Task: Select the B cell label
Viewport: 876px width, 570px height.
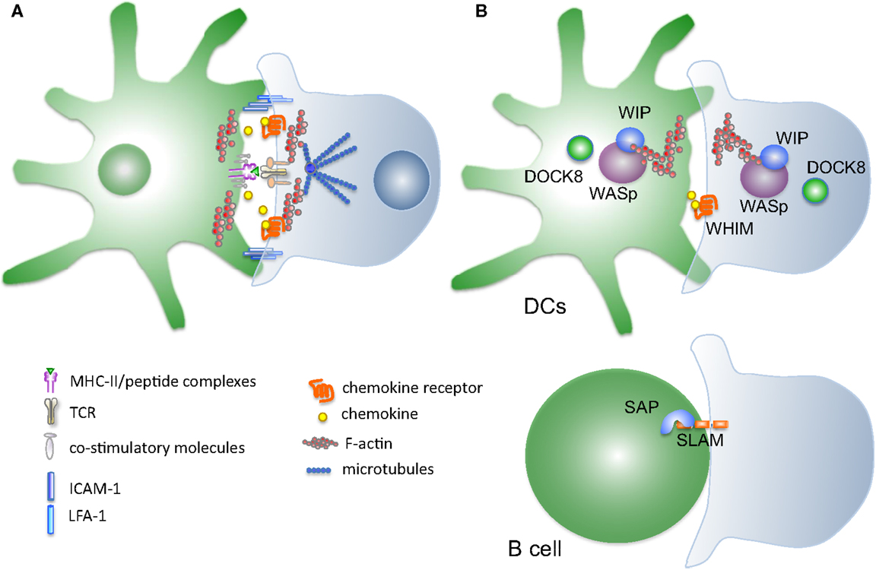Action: (x=534, y=546)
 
